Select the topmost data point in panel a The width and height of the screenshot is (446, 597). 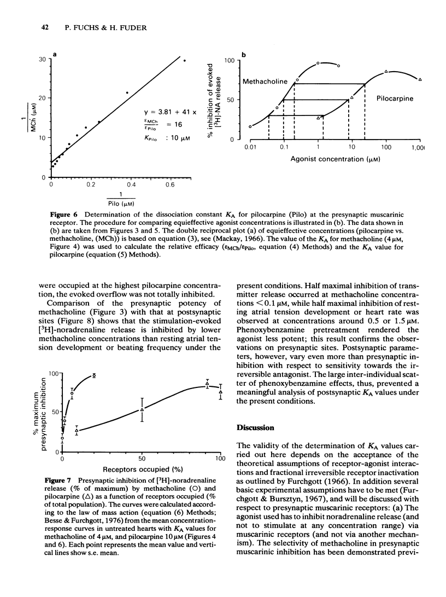click(184, 61)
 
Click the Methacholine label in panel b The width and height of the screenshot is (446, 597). click(265, 82)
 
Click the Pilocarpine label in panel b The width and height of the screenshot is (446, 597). click(395, 98)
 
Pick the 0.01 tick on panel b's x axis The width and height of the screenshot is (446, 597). click(250, 148)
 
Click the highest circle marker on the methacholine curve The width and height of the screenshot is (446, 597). click(318, 63)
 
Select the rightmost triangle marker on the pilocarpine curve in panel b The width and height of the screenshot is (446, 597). click(420, 80)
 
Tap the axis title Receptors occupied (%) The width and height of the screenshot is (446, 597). click(140, 469)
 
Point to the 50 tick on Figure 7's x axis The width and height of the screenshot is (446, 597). click(142, 458)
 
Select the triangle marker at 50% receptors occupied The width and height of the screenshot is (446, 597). click(142, 409)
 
